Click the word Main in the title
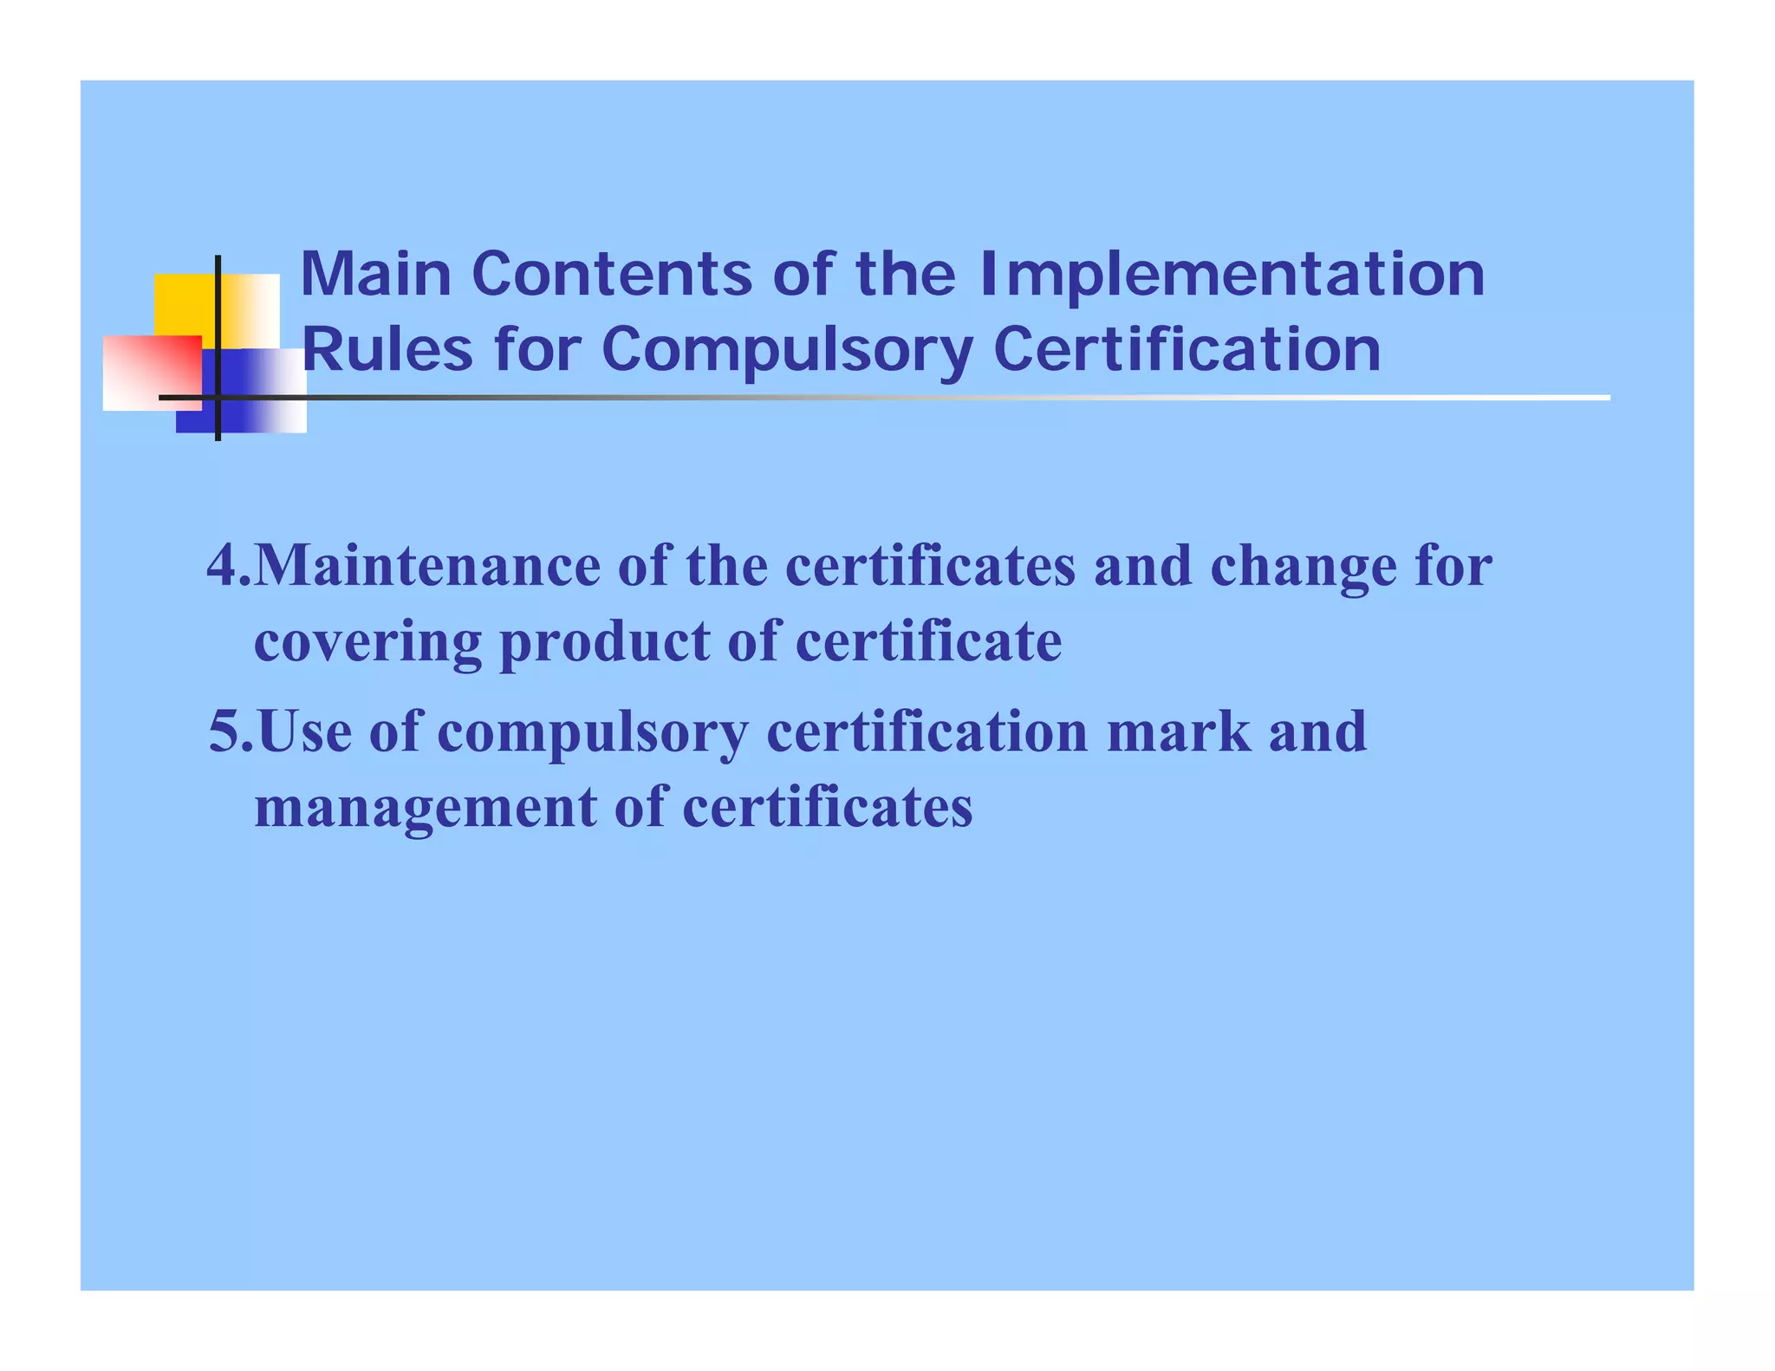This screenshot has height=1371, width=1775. tap(375, 275)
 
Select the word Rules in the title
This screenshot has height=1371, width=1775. tap(387, 350)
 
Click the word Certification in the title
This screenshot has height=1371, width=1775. tap(1187, 350)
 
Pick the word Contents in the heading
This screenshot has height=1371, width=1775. tap(612, 275)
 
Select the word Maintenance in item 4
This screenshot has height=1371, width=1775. tap(428, 565)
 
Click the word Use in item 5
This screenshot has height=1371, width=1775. tap(305, 731)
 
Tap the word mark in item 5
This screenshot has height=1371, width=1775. tap(1179, 731)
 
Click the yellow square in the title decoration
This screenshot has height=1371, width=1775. tap(185, 304)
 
